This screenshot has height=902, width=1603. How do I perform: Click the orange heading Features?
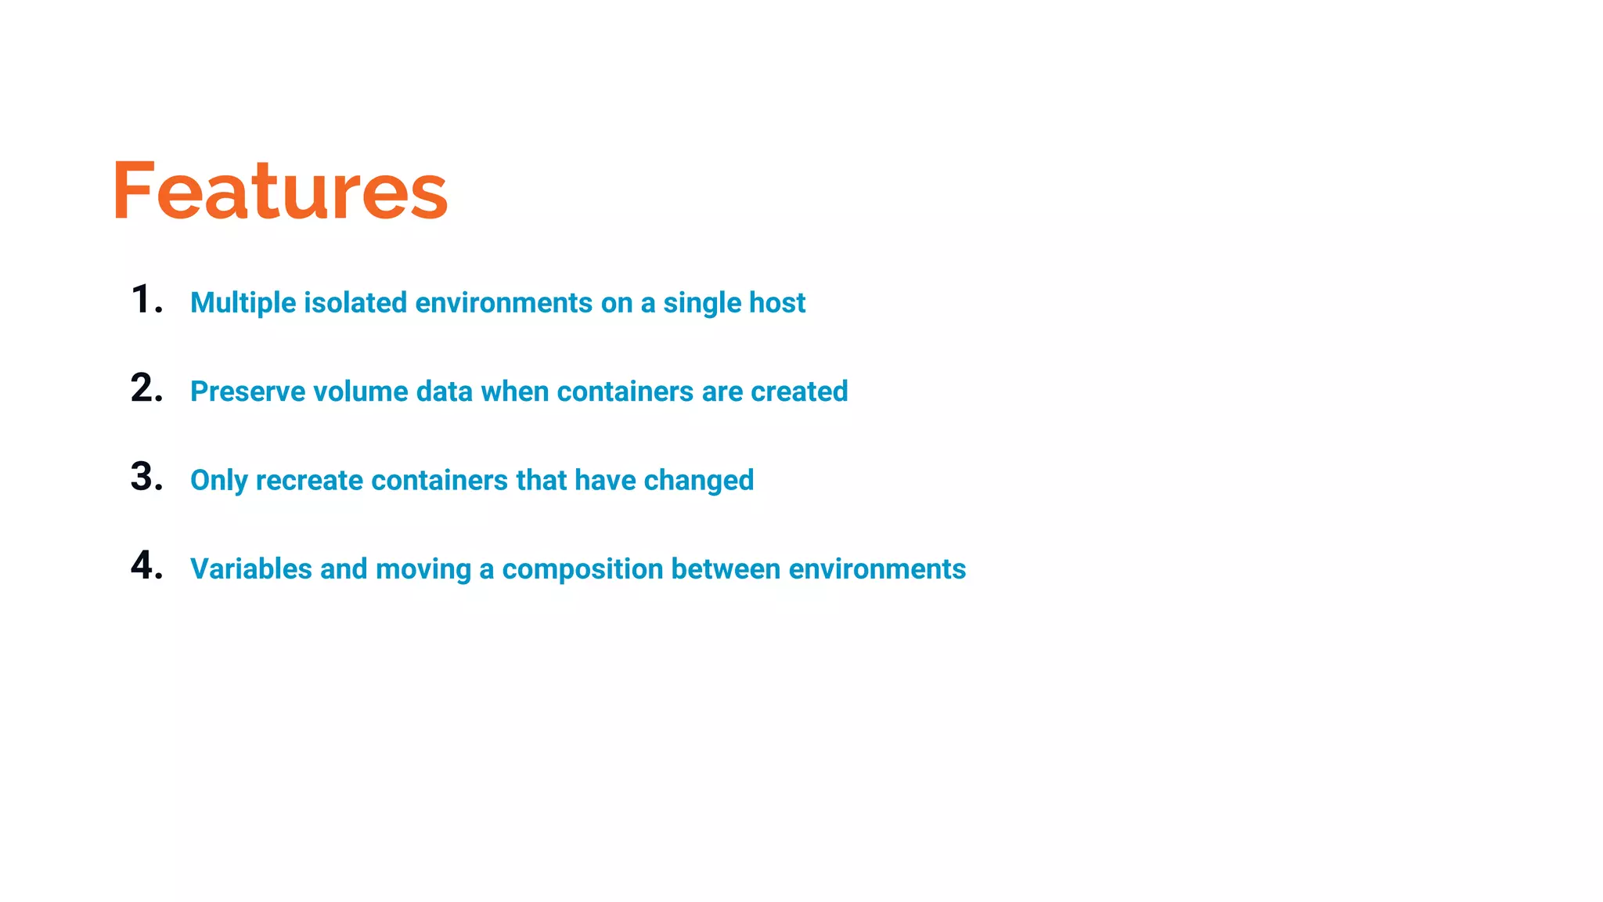coord(279,190)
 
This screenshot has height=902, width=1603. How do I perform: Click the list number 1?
coord(146,300)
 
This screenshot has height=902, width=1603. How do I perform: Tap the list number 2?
coord(146,388)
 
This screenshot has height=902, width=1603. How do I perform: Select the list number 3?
coord(146,477)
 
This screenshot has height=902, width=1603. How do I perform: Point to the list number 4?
coord(146,565)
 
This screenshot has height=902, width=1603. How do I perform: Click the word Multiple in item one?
coord(243,303)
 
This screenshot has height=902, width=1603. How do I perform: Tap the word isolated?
coord(355,303)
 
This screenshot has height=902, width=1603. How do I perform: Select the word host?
coord(776,303)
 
